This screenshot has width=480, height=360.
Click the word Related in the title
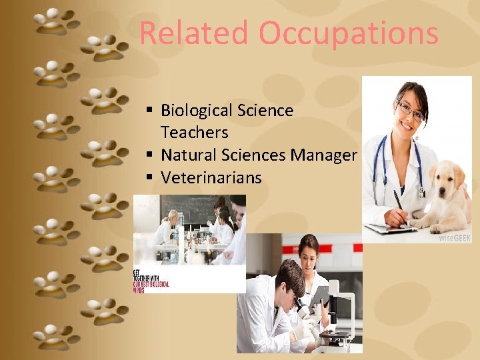pos(193,33)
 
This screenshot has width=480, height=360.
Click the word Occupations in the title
pos(349,33)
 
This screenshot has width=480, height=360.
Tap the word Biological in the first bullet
pos(203,111)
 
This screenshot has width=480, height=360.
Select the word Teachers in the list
pos(194,133)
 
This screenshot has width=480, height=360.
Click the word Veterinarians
pos(211,178)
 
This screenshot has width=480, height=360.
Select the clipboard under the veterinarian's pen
pos(390,228)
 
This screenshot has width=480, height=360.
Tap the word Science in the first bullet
pos(265,111)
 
